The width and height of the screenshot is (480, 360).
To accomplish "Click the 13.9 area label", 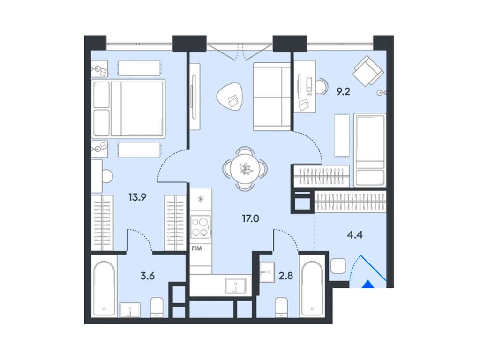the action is pos(137,197).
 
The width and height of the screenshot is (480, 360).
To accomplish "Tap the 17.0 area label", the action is pos(250,218).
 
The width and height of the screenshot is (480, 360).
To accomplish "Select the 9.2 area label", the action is pos(343,91).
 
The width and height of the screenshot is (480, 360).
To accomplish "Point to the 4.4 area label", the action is pos(355,235).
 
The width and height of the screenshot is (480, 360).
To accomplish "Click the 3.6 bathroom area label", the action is pos(148,276).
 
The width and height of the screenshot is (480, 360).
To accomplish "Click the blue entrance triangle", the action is pos(368,284).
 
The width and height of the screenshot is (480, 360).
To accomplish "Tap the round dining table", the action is pos(245,169).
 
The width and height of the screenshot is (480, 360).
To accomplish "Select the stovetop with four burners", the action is pos(201,227).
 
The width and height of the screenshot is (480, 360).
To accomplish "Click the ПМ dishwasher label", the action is pos(196,248).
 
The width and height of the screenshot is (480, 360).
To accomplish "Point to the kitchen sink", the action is pos(235,286).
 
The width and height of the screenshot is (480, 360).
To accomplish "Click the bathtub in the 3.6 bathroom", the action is pos(104,288).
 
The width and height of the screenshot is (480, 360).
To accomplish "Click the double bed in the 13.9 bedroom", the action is pos(128,108).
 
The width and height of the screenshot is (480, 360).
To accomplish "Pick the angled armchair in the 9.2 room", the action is pos(368,71).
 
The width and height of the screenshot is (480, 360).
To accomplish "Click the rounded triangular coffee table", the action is pos(230,97).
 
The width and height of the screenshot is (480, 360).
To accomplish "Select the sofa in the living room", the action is pos(272,97).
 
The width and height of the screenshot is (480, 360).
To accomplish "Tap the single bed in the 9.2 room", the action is pos(370,150).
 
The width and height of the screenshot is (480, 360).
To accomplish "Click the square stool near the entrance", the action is pos(338,266).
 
